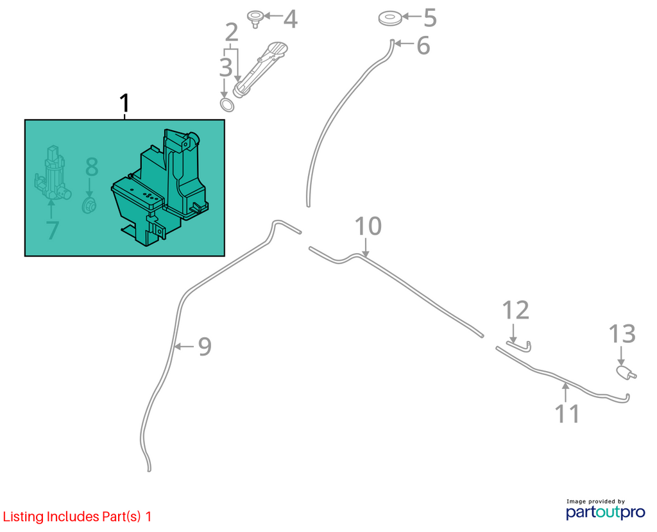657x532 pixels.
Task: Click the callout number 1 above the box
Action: pyautogui.click(x=125, y=103)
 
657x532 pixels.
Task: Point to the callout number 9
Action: pyautogui.click(x=205, y=347)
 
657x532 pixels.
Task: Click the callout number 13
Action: pyautogui.click(x=622, y=334)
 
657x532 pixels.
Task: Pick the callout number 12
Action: pyautogui.click(x=516, y=310)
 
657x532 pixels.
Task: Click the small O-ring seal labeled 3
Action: pyautogui.click(x=226, y=105)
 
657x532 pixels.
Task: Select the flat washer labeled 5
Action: pyautogui.click(x=390, y=19)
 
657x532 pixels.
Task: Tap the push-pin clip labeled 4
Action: pyautogui.click(x=254, y=19)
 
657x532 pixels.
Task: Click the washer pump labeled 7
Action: pyautogui.click(x=52, y=172)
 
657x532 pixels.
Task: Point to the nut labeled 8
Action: pyautogui.click(x=89, y=206)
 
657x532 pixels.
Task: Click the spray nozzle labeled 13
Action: pyautogui.click(x=626, y=372)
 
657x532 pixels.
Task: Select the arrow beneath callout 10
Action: pyautogui.click(x=366, y=247)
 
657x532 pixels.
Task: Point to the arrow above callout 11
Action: pyautogui.click(x=566, y=393)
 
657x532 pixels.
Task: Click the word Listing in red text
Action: pyautogui.click(x=24, y=517)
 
